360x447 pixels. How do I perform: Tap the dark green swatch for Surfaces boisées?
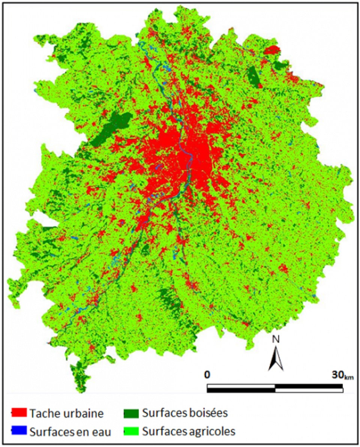(x=131, y=413)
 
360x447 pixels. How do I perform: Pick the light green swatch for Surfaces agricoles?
(x=131, y=431)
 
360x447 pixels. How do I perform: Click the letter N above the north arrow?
(x=276, y=339)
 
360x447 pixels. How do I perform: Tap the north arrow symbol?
(x=276, y=358)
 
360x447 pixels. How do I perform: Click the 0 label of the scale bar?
(x=207, y=375)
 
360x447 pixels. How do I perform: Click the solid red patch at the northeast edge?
(x=272, y=50)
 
